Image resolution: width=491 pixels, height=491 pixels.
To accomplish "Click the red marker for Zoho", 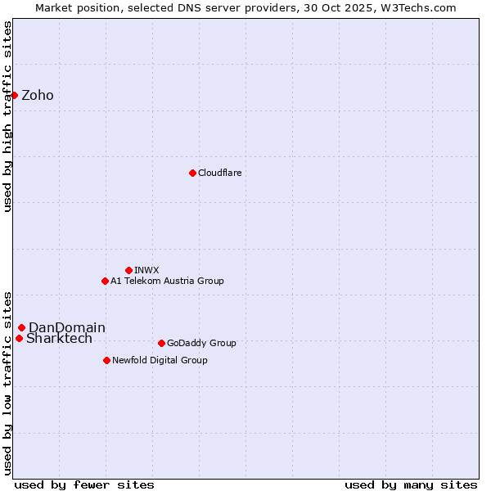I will [14, 95].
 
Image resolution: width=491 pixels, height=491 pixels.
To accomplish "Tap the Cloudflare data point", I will [192, 173].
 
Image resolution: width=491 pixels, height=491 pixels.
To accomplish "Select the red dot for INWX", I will [128, 270].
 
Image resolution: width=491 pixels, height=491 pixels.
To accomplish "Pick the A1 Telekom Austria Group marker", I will [105, 281].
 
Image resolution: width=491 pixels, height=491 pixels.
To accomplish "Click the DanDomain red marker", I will [21, 327].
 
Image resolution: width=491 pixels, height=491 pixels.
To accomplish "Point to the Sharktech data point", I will [19, 338].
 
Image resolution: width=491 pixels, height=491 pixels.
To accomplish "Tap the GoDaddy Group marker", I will [161, 343].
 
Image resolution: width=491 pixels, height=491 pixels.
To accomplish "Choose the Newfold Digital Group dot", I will [106, 360].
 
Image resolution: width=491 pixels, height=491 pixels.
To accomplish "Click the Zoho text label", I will [38, 96].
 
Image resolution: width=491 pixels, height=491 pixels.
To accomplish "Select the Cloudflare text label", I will [220, 173].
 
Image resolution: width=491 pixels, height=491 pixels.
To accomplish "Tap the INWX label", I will [146, 270].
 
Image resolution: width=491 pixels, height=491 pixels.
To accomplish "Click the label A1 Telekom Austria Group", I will [167, 281].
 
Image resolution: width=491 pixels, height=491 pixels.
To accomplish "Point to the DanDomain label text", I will [67, 328].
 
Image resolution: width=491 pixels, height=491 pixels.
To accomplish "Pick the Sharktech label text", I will [59, 339].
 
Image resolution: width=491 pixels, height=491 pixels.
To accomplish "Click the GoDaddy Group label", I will [201, 343].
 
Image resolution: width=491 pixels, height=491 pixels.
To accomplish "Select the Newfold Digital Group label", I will [160, 360].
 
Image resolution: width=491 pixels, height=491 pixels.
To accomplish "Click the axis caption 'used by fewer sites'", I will [84, 484].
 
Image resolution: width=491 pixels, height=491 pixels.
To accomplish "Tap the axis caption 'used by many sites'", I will [411, 484].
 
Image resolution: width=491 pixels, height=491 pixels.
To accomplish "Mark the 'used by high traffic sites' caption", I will [8, 116].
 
